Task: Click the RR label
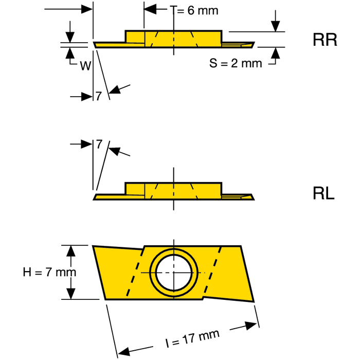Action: coord(325,40)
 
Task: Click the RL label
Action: coord(323,193)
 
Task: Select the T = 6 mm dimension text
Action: coord(194,10)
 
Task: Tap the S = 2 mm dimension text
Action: coord(236,63)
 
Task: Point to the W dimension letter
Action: coord(85,66)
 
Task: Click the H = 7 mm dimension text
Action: coord(49,272)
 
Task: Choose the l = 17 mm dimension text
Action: coord(192,339)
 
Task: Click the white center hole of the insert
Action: coord(174,273)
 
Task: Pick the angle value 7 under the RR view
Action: coord(99,96)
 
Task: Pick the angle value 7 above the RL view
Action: coord(99,144)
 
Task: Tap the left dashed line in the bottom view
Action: coord(135,273)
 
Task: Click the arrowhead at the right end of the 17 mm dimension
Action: coord(251,326)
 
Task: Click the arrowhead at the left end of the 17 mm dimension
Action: coord(124,352)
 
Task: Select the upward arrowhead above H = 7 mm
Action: coord(71,251)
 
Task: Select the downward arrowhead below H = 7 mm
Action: coord(71,294)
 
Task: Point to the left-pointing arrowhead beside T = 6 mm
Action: coord(150,9)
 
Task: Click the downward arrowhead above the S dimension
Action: coord(275,26)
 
